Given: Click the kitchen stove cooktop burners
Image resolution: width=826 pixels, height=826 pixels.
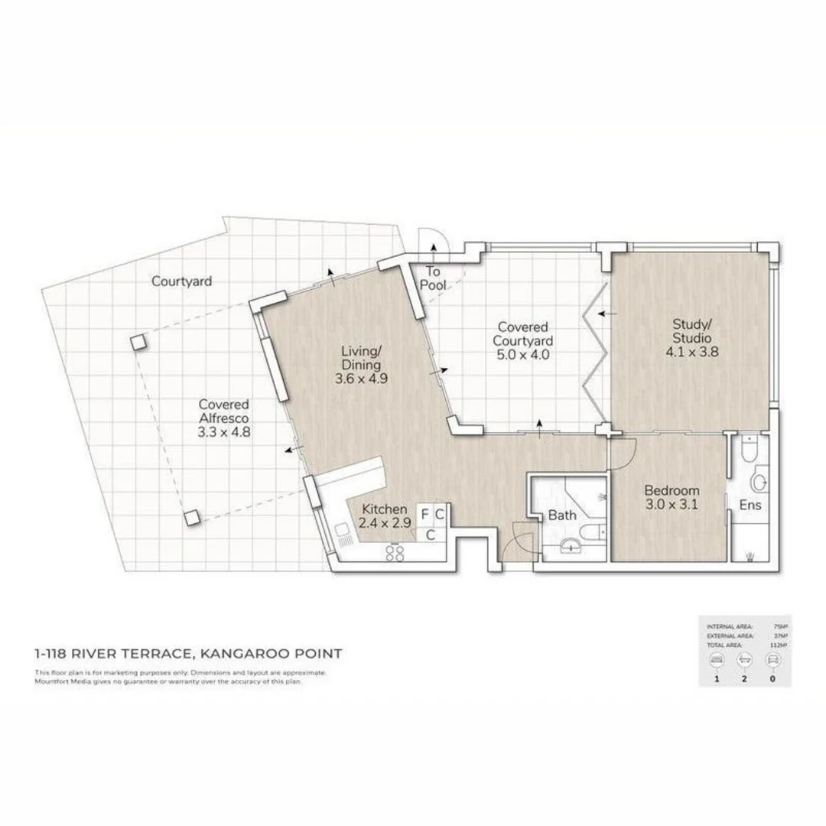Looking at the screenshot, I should tap(396, 554).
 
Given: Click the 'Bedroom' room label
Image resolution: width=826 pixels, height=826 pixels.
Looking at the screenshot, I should tap(672, 491).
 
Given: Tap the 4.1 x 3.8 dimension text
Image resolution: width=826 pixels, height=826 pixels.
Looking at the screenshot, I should tap(692, 353).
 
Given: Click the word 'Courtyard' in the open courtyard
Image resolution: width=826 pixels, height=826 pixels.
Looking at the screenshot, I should tap(181, 281).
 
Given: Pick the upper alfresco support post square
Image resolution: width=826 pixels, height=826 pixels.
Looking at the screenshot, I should tap(138, 342).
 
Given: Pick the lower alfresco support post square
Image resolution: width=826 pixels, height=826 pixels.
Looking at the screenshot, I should tap(192, 517).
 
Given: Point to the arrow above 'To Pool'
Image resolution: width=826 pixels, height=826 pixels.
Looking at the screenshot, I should tap(434, 247).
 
